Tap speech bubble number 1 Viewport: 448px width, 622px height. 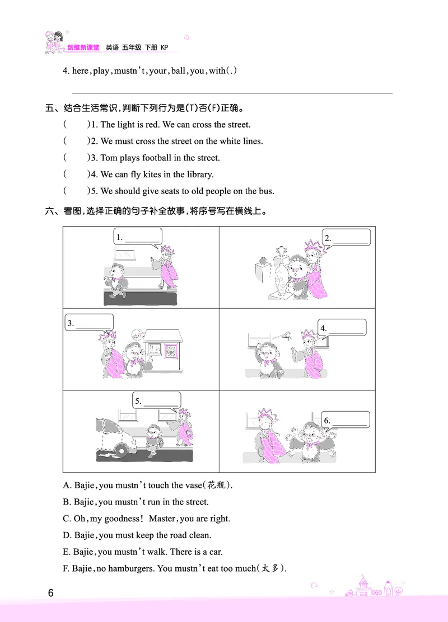137,237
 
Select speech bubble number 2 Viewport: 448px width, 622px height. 346,237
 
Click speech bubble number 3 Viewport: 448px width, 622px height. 89,323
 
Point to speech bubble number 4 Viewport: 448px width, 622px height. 342,328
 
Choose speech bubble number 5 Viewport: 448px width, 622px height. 157,401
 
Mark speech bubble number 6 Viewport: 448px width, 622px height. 346,420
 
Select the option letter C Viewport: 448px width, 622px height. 67,519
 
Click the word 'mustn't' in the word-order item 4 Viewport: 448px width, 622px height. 130,71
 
